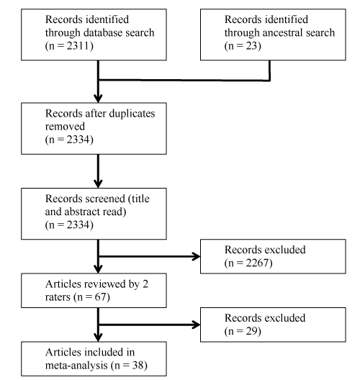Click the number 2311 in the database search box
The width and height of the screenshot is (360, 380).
(78, 46)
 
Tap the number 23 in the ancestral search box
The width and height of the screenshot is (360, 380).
(251, 46)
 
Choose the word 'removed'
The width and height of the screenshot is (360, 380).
(65, 127)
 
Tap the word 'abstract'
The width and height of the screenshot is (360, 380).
(82, 212)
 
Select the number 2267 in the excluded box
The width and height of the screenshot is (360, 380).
(257, 263)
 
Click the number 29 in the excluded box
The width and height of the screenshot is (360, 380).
(251, 331)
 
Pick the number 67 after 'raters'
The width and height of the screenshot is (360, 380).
(100, 297)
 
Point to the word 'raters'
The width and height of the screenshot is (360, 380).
(58, 297)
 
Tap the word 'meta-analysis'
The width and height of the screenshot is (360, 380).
(76, 366)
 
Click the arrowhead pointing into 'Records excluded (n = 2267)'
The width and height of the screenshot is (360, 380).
(196, 256)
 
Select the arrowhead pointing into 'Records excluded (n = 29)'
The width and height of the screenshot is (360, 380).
(196, 325)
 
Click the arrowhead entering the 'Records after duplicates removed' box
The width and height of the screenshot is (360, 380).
(98, 99)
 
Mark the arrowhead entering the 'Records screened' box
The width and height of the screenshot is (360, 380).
(98, 184)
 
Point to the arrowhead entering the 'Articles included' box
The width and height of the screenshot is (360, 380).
(98, 338)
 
